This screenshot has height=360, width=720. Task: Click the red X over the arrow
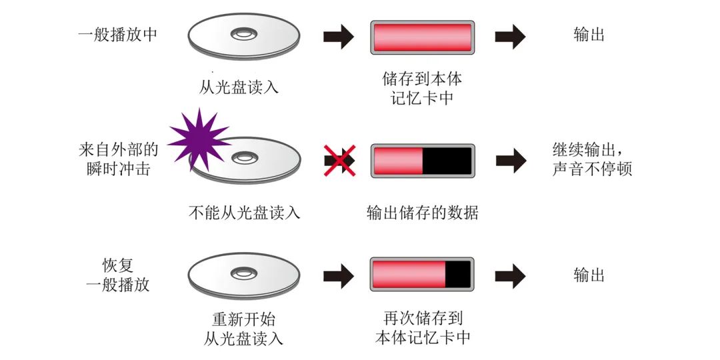(x=339, y=161)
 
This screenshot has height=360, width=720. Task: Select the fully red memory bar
(x=422, y=37)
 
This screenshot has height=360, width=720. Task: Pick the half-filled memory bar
(x=422, y=161)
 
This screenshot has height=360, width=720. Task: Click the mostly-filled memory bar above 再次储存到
(x=422, y=274)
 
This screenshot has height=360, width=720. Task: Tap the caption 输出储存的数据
(x=422, y=213)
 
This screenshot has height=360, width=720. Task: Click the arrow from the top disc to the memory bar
(x=339, y=37)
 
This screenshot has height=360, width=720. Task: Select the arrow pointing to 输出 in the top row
(x=510, y=37)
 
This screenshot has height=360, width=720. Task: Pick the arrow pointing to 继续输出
(x=510, y=161)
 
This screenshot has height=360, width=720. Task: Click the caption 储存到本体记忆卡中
(x=422, y=89)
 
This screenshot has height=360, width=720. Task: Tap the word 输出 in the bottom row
(x=589, y=275)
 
